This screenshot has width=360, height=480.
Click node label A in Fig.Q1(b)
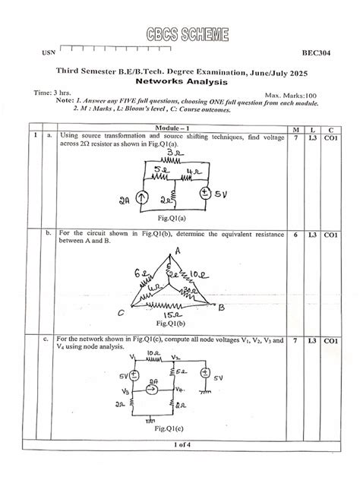tap(177, 250)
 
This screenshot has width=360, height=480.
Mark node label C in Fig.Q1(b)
tap(121, 311)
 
